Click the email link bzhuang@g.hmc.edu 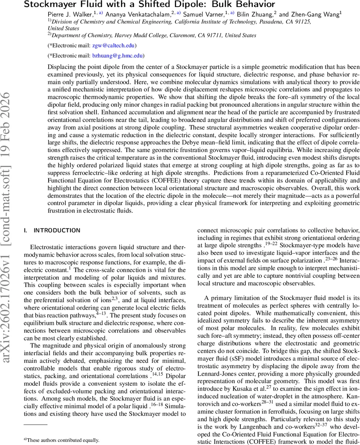point(118,56)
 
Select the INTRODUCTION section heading point(57,230)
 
